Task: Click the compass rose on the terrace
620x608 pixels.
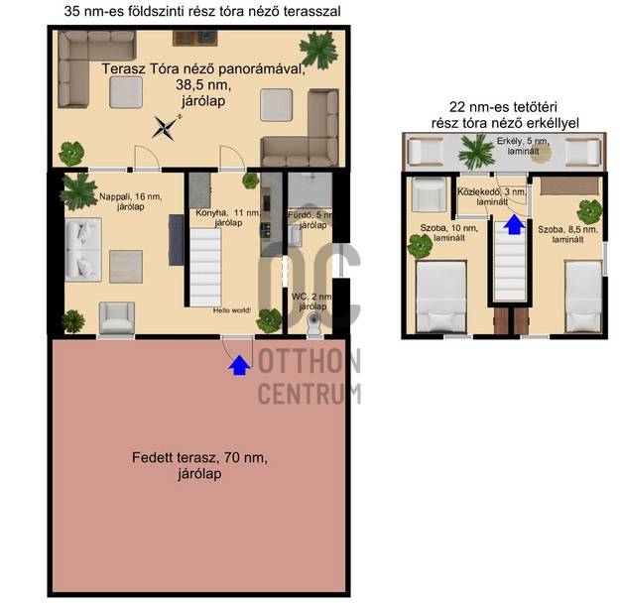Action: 166,127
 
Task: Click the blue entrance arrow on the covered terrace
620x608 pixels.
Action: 239,365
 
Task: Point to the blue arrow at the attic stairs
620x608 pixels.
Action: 514,224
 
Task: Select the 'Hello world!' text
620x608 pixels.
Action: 232,310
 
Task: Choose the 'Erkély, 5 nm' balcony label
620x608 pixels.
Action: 523,141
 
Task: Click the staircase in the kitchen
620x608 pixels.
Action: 205,267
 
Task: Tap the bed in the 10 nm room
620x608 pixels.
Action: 440,297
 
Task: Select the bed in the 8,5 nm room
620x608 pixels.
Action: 583,296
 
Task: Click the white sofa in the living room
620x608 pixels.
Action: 83,249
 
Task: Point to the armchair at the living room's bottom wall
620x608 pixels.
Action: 117,318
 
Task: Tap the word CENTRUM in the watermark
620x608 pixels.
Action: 310,393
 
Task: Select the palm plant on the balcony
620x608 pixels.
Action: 476,152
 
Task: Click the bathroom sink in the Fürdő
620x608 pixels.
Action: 295,236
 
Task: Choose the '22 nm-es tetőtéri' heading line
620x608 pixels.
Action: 503,107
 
